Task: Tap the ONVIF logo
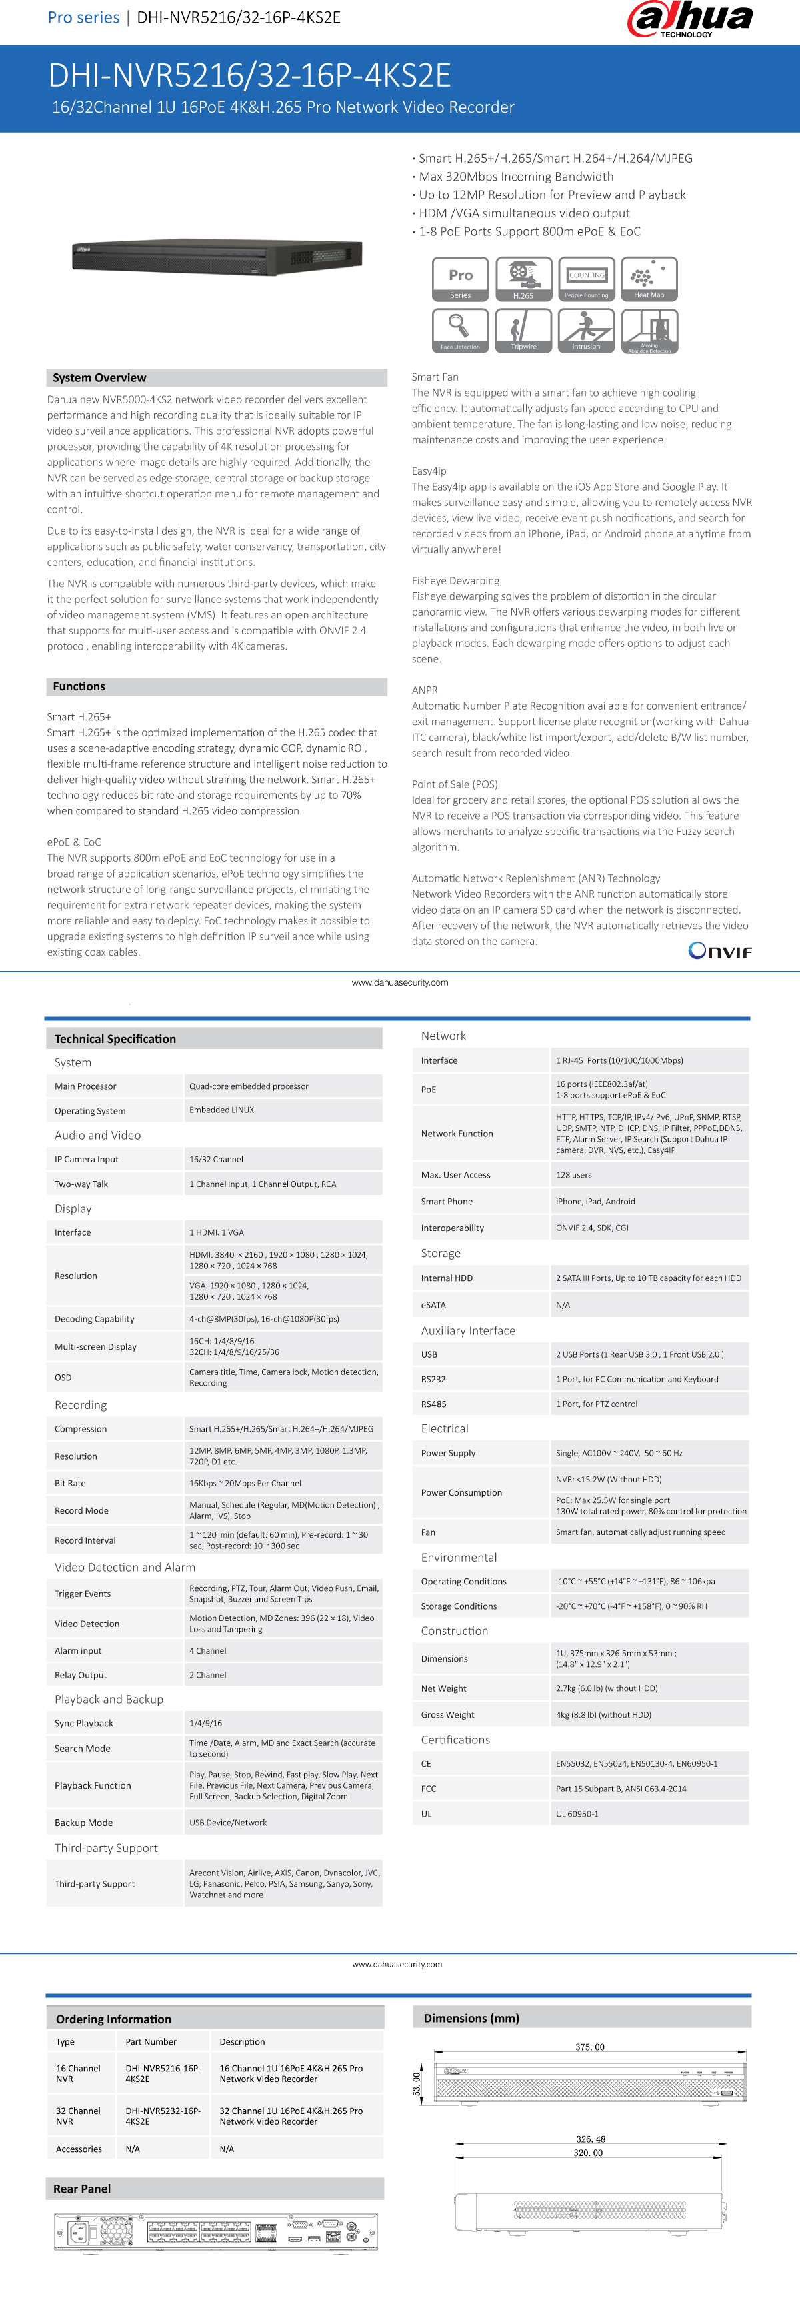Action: [720, 950]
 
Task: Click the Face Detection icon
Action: [460, 331]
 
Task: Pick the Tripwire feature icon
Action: [523, 331]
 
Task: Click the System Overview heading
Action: [100, 378]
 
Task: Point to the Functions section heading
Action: [79, 686]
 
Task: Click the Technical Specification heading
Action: [115, 1038]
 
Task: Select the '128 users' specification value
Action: [573, 1175]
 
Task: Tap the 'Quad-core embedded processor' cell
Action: [249, 1086]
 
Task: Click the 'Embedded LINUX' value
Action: [221, 1110]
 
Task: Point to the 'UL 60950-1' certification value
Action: [577, 1814]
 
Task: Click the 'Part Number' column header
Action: [151, 2042]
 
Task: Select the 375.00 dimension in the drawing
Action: [589, 2047]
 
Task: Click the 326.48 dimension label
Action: [590, 2139]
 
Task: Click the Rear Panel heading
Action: [83, 2189]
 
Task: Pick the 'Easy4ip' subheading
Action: [429, 471]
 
